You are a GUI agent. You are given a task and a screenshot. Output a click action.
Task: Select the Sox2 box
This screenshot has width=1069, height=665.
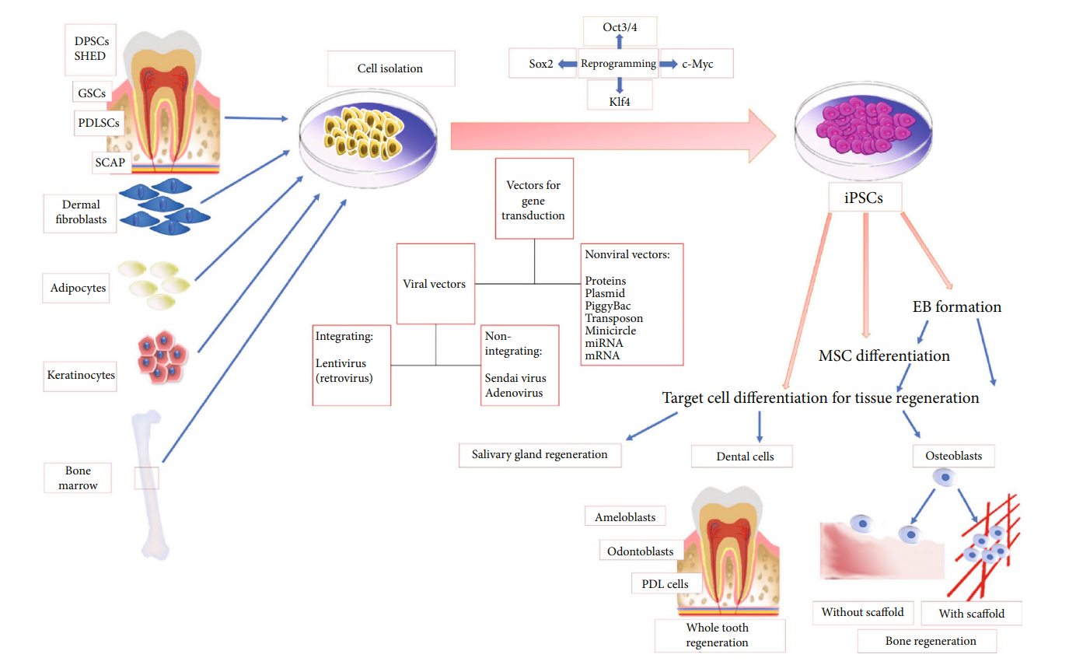542,65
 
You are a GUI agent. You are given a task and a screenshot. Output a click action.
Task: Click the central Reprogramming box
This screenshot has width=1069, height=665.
619,65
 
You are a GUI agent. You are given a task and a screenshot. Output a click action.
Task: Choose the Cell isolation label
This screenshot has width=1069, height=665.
390,68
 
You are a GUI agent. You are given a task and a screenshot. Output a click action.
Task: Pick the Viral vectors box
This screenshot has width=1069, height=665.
435,284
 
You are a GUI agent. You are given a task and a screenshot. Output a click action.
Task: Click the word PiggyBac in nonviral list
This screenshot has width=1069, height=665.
608,306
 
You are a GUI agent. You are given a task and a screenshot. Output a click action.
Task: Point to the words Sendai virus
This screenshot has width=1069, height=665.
515,378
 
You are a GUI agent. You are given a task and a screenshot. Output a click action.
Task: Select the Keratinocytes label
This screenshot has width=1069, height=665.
81,376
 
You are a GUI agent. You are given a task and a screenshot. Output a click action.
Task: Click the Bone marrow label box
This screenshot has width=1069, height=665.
78,478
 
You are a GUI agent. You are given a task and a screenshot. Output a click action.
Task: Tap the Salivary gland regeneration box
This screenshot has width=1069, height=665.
540,454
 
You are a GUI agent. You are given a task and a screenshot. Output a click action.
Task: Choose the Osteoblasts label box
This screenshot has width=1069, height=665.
953,456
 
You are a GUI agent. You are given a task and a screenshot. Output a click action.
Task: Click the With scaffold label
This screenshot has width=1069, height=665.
971,613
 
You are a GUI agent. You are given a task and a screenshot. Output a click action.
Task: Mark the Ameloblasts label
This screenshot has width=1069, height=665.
625,517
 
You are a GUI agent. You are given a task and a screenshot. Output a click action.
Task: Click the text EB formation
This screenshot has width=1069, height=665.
956,307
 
